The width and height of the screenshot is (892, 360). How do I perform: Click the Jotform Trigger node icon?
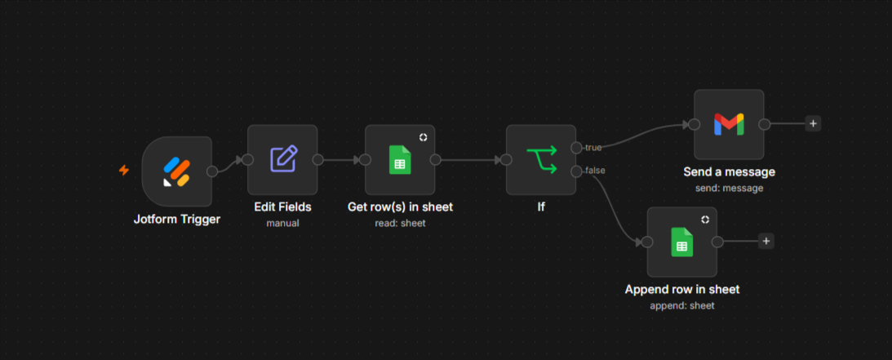coord(176,171)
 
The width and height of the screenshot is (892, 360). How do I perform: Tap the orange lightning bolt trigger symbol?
coord(123,170)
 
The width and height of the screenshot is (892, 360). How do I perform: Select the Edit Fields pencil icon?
coord(282,159)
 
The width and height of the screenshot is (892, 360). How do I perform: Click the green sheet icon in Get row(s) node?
coord(400,160)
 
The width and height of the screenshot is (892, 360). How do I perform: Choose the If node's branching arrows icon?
coord(541,160)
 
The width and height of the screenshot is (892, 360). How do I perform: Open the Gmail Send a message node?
coord(729,124)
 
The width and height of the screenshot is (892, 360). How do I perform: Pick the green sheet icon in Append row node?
coord(682,242)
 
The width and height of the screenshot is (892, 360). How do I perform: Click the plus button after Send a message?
coord(813,123)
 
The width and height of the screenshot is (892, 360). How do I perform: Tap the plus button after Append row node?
coord(766,241)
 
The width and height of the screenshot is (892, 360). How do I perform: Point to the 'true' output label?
coord(593,148)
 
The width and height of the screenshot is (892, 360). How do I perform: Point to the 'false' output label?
coord(595,170)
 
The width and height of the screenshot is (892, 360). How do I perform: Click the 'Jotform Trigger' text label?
coord(177,219)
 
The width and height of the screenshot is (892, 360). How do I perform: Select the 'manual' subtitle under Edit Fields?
coord(282,223)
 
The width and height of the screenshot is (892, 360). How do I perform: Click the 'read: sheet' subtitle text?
coord(400,223)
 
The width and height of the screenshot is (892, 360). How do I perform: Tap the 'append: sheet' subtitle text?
coord(682,305)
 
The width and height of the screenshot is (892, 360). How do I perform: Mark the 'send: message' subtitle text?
coord(730,188)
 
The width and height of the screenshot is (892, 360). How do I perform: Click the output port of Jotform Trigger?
coord(211,171)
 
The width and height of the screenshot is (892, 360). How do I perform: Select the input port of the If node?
coord(506,160)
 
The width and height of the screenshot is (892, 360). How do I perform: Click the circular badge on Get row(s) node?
coord(424,137)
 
